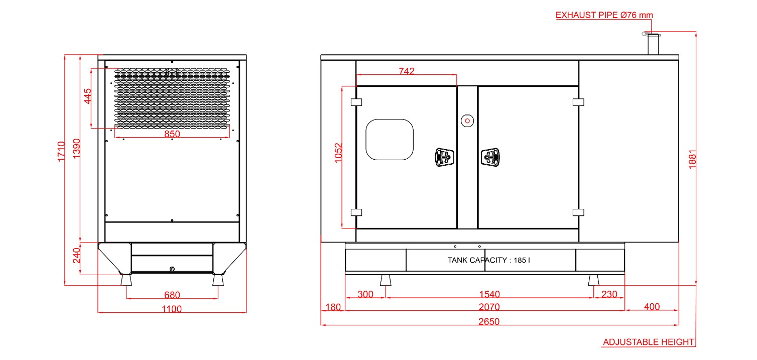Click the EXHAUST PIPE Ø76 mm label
tap(604, 15)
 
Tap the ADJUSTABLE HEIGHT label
tap(649, 342)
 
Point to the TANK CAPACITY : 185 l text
tap(488, 260)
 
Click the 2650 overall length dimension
tap(489, 321)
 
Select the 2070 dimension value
tap(489, 307)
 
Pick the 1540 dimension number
tap(489, 294)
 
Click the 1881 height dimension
tap(692, 159)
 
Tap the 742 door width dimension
tap(407, 71)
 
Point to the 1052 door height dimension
tap(338, 153)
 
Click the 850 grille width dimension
tap(172, 134)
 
